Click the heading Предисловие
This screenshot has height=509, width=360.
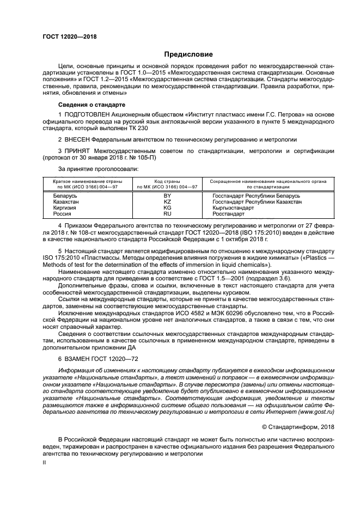[188, 54]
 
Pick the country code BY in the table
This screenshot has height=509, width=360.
[167, 194]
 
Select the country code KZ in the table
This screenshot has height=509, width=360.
[167, 201]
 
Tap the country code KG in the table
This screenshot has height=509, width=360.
[167, 207]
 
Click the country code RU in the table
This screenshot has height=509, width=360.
[167, 214]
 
